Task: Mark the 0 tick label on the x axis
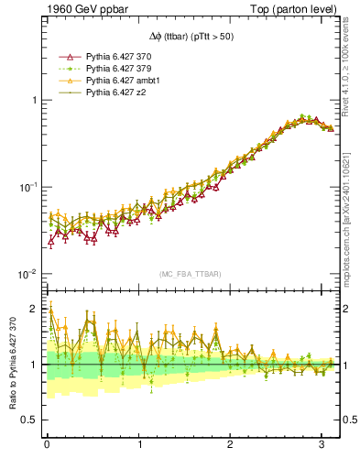tap(47, 446)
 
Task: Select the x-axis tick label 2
tap(231, 446)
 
